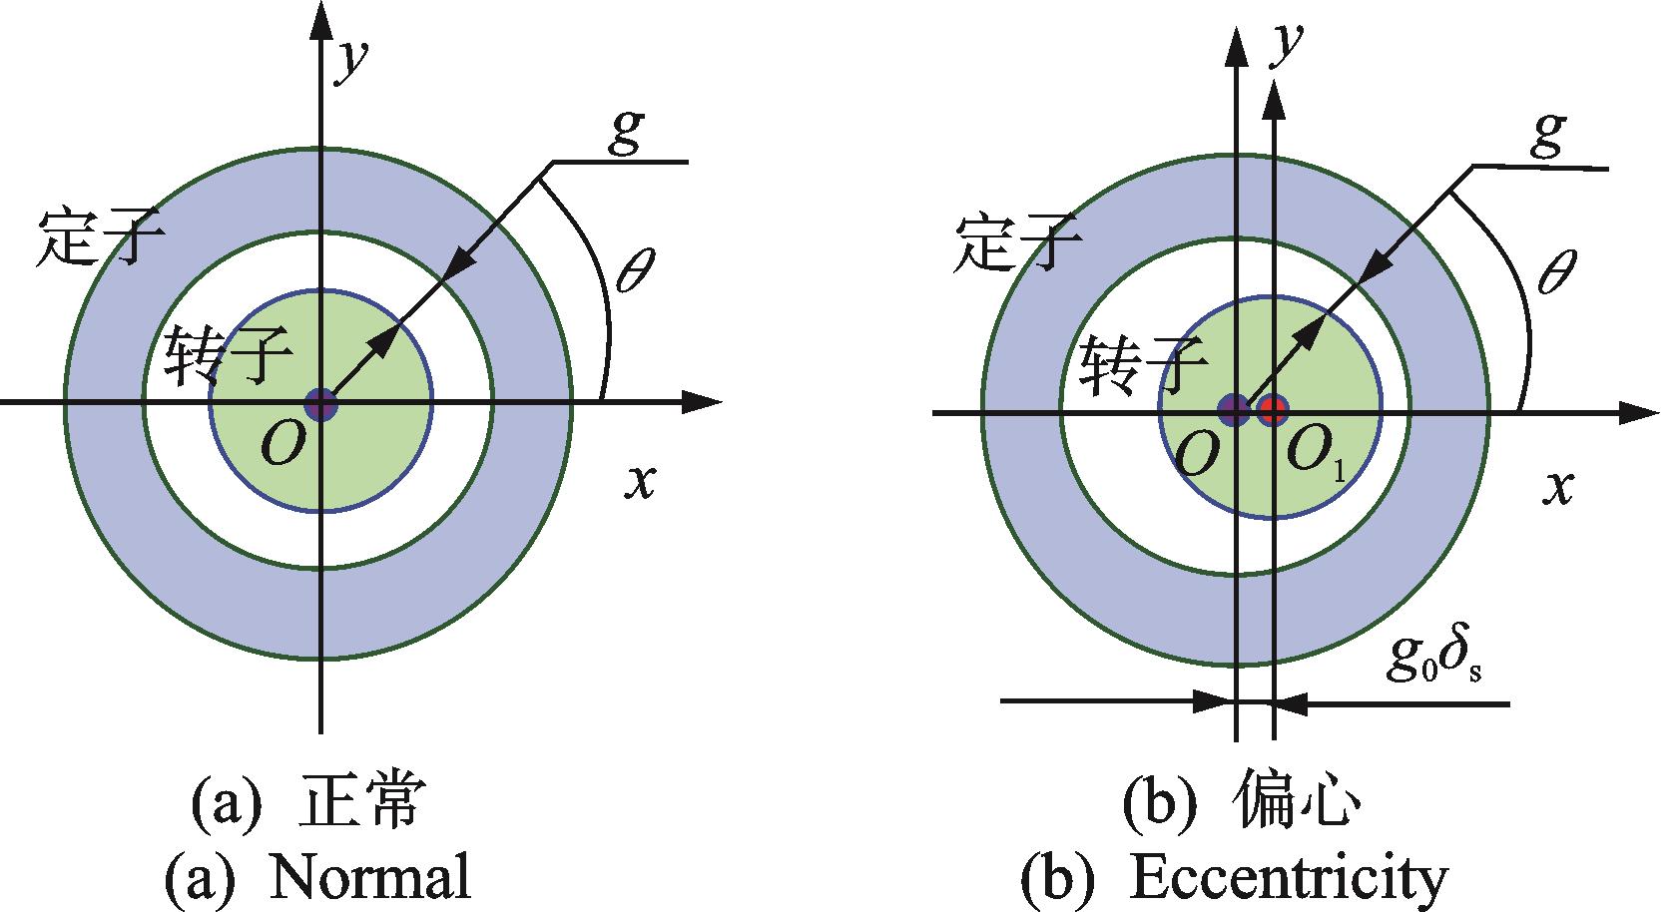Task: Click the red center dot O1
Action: point(1272,410)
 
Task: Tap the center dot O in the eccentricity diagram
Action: point(1233,410)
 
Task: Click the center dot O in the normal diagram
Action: point(320,405)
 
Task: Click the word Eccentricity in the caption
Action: point(1289,877)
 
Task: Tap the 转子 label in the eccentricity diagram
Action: point(1143,364)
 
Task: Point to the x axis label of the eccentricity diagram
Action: point(1558,488)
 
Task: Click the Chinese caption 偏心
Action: point(1296,803)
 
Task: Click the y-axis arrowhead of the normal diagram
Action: point(320,20)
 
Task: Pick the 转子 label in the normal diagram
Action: point(229,355)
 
